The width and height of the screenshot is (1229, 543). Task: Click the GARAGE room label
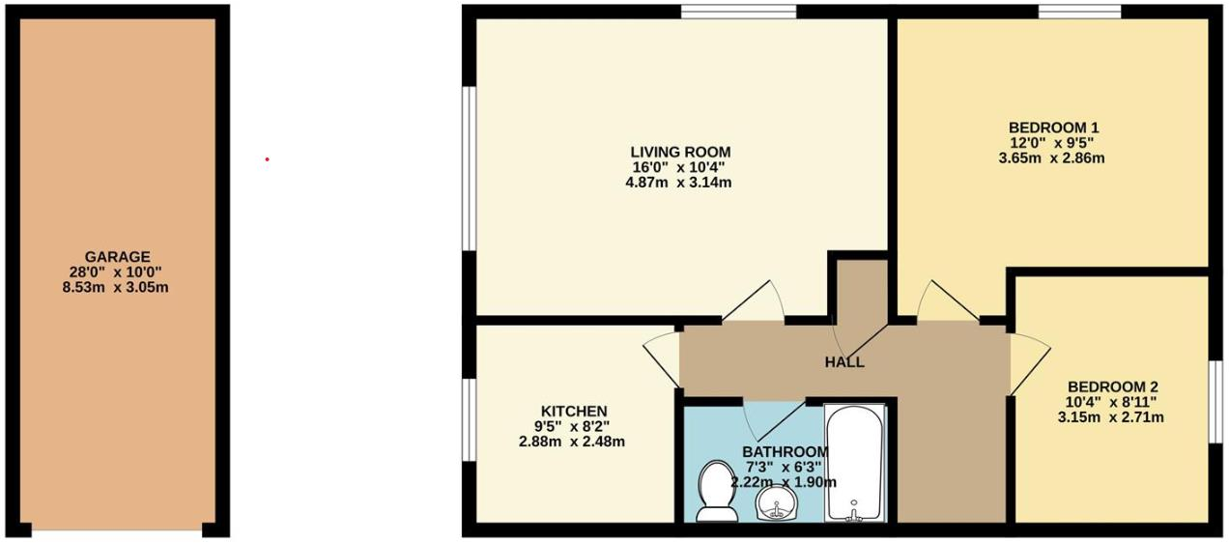[117, 257]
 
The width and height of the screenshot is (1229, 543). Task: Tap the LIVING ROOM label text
[680, 153]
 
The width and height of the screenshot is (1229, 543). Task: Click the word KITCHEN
[574, 411]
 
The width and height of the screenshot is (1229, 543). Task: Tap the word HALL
[844, 362]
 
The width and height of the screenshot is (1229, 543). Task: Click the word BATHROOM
[785, 452]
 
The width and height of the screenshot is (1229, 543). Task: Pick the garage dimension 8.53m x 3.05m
[117, 288]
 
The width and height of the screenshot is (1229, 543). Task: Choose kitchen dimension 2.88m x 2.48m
[574, 443]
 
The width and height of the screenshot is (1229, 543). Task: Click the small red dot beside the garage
[268, 159]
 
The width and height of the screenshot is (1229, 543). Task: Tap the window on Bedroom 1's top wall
[1079, 12]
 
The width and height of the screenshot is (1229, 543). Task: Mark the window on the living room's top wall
[738, 12]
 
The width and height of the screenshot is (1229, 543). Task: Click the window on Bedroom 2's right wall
[1215, 401]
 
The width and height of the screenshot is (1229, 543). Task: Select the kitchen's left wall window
[469, 419]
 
